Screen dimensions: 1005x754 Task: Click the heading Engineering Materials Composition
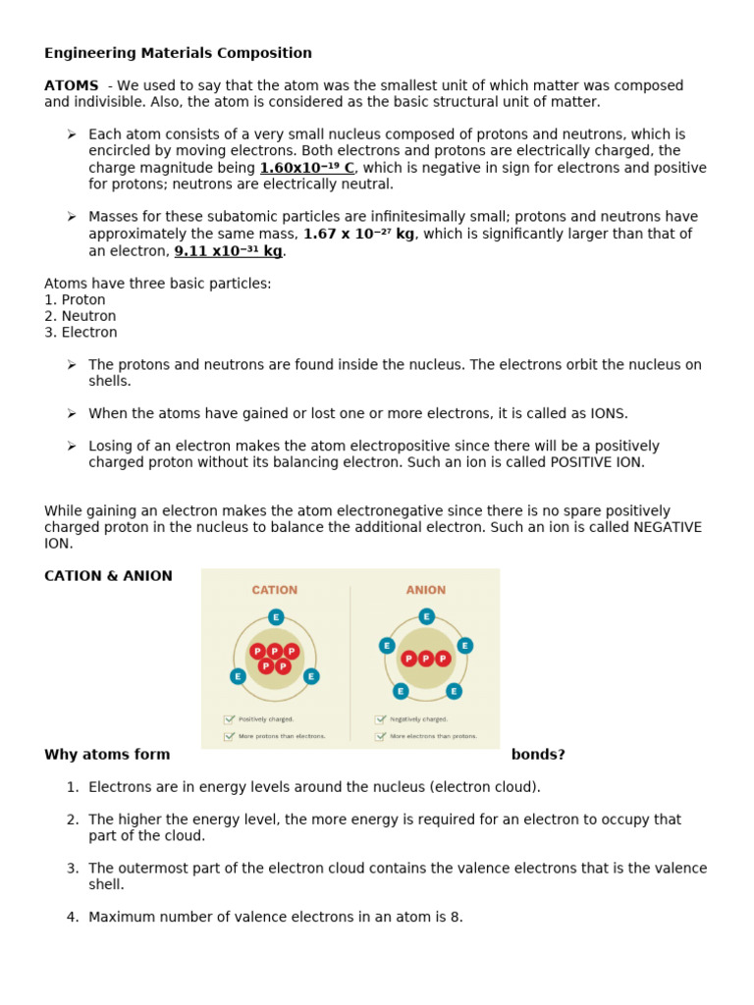[178, 53]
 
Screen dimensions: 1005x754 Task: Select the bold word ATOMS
[72, 85]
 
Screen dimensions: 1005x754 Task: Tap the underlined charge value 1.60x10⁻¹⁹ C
[306, 168]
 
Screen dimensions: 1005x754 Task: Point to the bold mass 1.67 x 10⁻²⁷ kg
[358, 234]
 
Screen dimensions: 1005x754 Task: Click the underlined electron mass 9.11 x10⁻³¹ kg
[228, 250]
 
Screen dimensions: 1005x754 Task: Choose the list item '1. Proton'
[76, 299]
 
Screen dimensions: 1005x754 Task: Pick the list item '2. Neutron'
[81, 316]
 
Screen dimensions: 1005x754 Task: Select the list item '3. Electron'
[81, 333]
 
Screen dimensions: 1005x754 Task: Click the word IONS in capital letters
[607, 413]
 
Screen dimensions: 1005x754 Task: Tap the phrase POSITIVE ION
[597, 462]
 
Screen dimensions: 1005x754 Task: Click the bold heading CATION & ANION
[108, 576]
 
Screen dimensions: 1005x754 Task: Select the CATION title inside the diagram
[274, 590]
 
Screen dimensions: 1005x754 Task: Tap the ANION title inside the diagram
[425, 590]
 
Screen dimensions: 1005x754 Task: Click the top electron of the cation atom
[276, 617]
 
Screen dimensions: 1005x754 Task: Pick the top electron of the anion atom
[426, 616]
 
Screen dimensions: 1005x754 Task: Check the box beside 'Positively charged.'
[229, 719]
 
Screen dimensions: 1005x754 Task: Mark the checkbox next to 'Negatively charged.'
[380, 719]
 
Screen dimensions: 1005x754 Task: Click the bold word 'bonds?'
[538, 755]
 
